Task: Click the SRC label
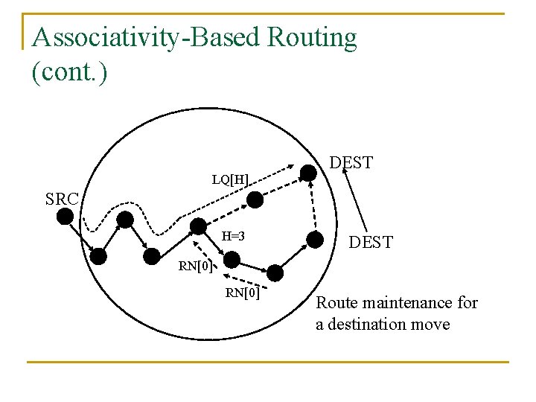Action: (62, 200)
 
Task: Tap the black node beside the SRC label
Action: (66, 217)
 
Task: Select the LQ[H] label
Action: (230, 179)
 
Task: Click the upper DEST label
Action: (351, 163)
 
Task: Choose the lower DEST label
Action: (371, 243)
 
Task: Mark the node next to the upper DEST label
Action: (307, 173)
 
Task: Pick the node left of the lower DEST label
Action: (315, 240)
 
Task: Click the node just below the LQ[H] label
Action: (255, 199)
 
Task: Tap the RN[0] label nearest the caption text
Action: (243, 293)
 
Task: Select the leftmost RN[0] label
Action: (196, 267)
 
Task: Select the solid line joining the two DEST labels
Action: (355, 202)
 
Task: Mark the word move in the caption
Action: (431, 325)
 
